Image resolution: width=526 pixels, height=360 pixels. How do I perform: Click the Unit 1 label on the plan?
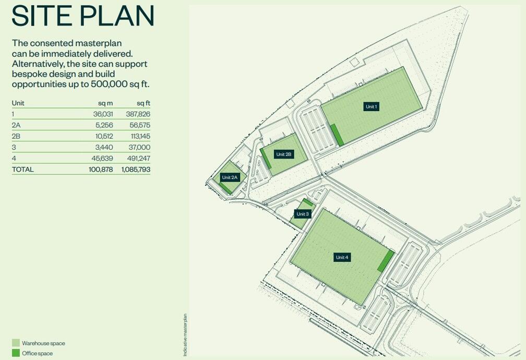(371, 106)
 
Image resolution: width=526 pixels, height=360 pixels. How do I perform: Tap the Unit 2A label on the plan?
(230, 177)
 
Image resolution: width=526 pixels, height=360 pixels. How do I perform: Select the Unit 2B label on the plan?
(284, 154)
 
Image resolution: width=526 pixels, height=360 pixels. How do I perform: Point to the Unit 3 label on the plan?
(303, 214)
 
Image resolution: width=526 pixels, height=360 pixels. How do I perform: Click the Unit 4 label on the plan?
(342, 257)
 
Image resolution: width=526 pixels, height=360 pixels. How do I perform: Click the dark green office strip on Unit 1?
(337, 135)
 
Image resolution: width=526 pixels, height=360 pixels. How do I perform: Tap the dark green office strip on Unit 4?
(386, 261)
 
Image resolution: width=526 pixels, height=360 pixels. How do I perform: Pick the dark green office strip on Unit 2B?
(266, 159)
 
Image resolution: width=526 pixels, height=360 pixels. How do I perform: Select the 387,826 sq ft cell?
(138, 114)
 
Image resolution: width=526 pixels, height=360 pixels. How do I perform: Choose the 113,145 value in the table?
(139, 136)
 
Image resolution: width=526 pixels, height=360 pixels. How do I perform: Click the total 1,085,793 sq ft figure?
(136, 170)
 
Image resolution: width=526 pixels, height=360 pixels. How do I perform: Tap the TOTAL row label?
(22, 170)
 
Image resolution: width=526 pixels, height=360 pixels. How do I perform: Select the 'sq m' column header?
(105, 103)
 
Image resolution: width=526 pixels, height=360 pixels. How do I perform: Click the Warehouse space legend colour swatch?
(16, 343)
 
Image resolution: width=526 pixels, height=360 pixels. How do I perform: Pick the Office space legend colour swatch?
(16, 353)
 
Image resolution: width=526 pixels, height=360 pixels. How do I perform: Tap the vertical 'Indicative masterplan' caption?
(185, 335)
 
